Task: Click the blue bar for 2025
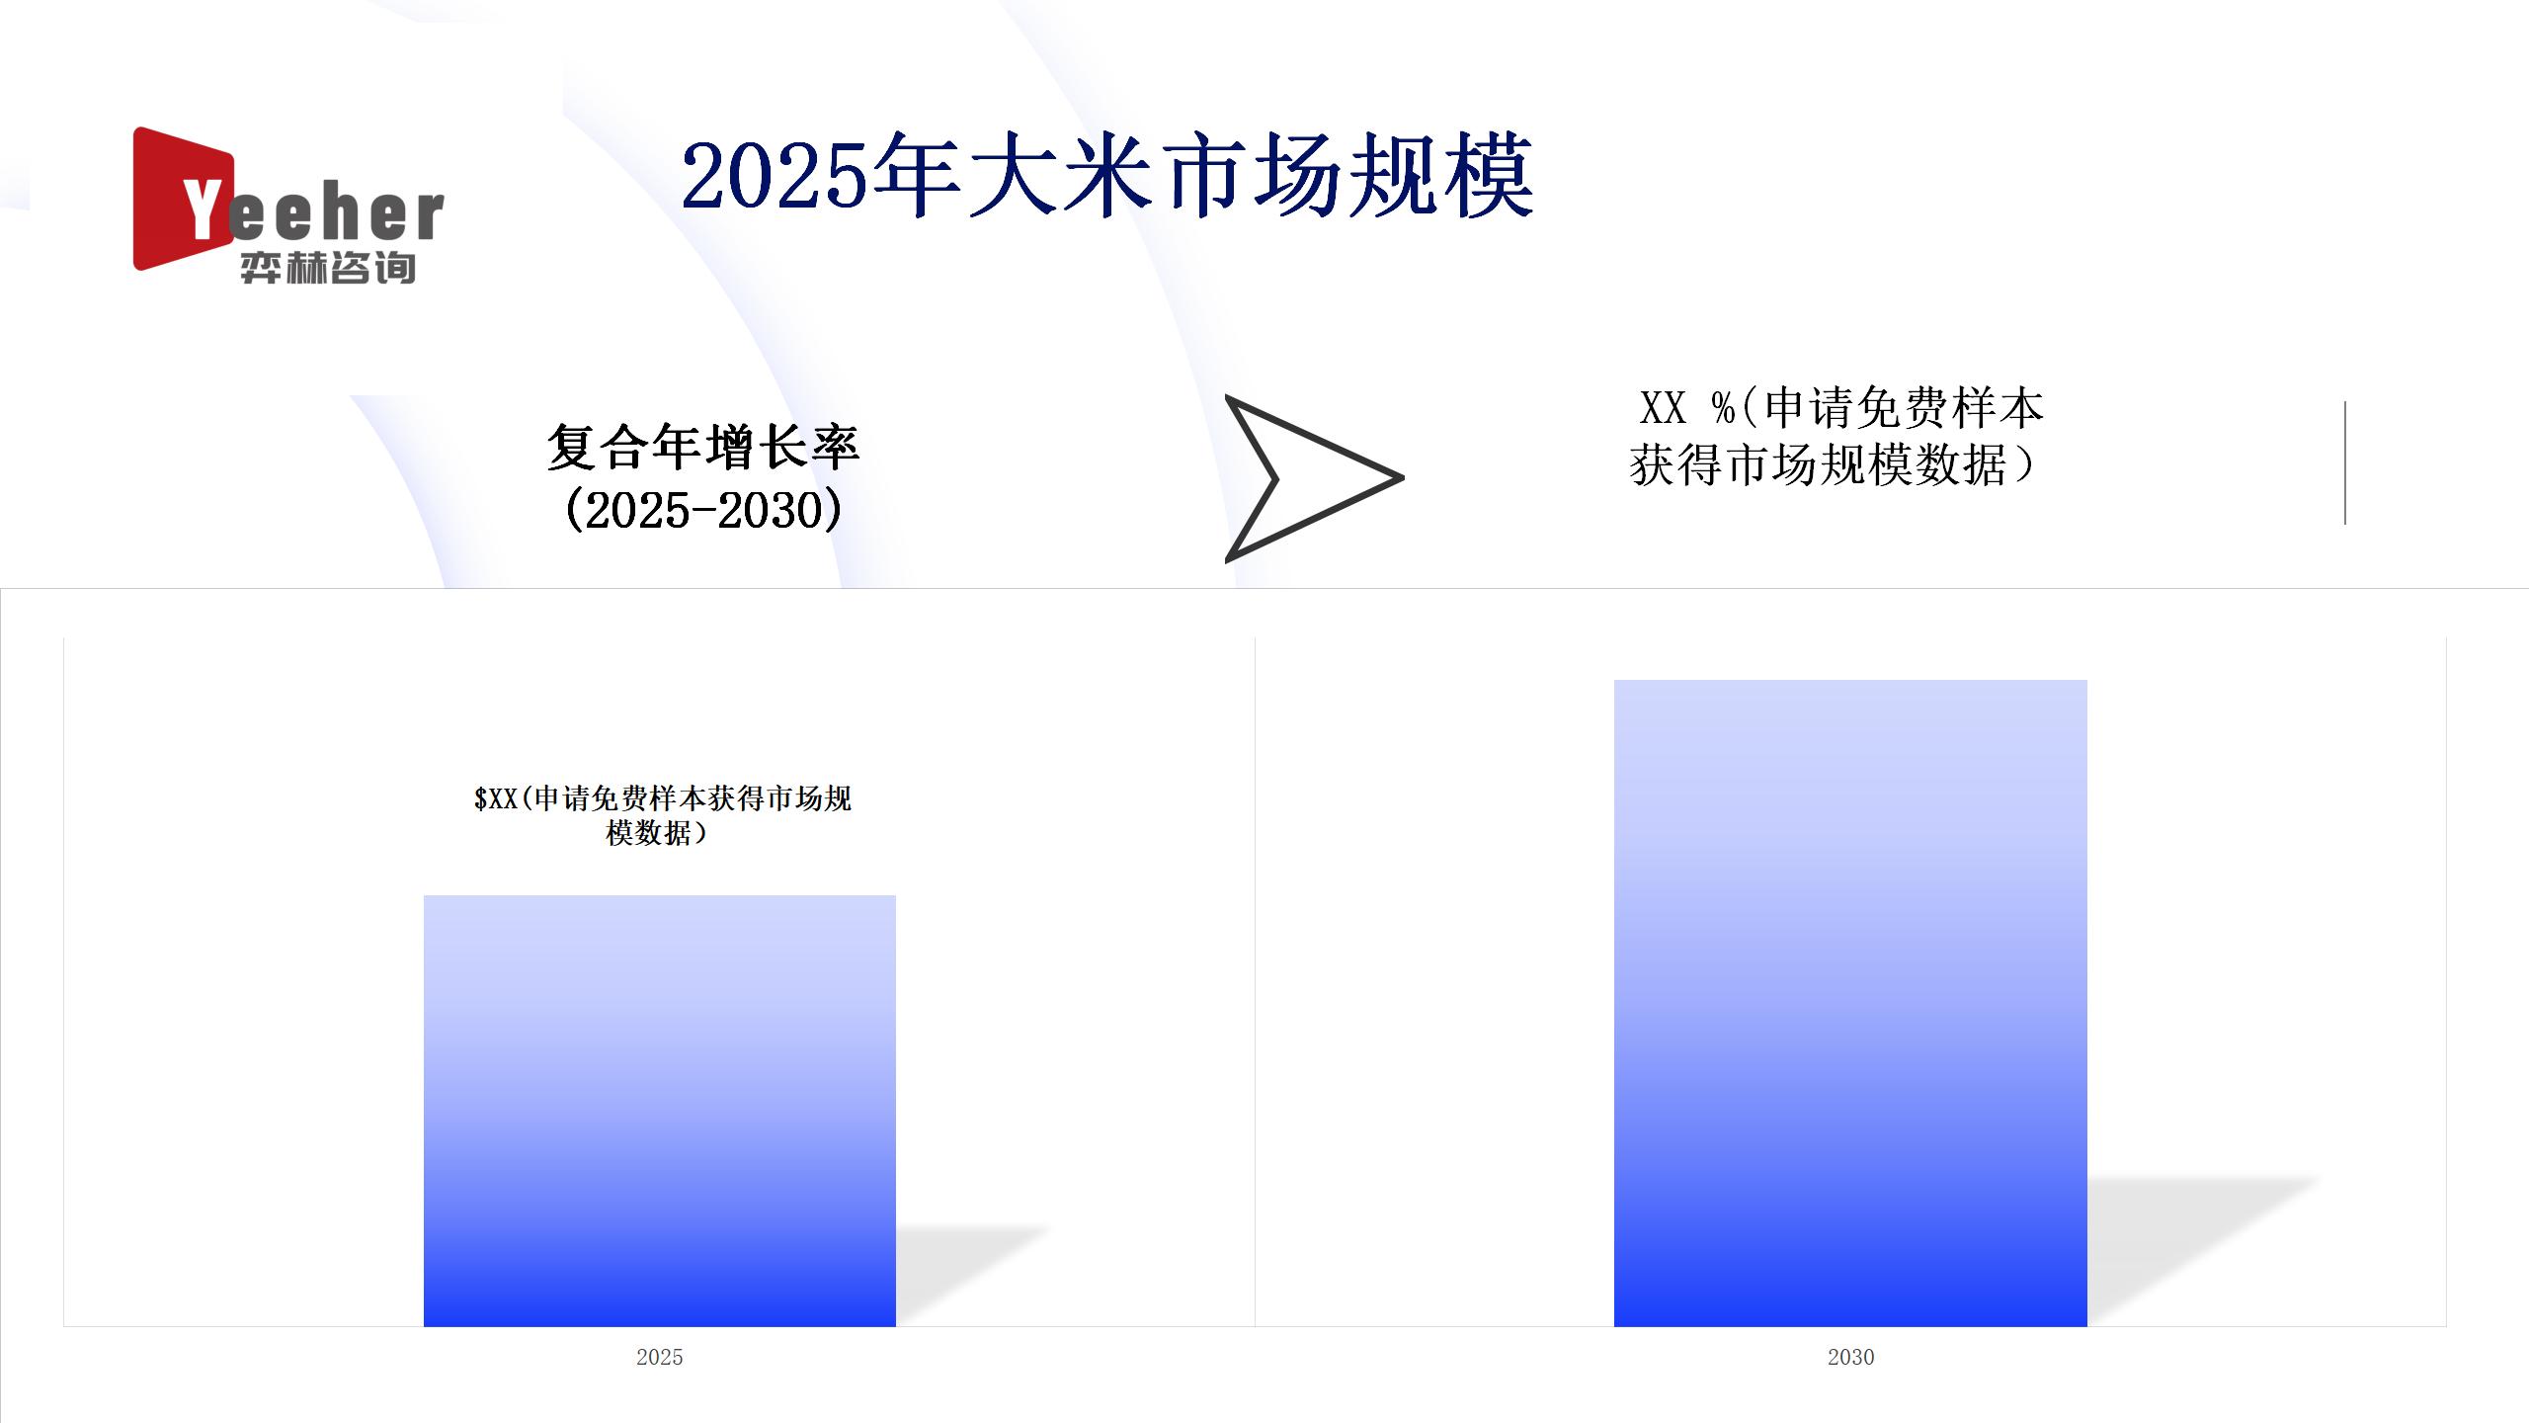point(660,1111)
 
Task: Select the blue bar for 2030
point(1850,1003)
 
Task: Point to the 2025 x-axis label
point(660,1357)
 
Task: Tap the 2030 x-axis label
point(1850,1357)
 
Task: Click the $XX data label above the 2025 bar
point(662,815)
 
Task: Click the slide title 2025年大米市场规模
point(1107,177)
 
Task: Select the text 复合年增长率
point(703,448)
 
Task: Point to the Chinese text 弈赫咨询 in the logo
point(328,268)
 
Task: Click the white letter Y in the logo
point(204,209)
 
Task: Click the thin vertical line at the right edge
point(2345,462)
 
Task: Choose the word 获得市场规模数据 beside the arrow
point(1818,465)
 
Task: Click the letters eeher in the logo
point(337,213)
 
